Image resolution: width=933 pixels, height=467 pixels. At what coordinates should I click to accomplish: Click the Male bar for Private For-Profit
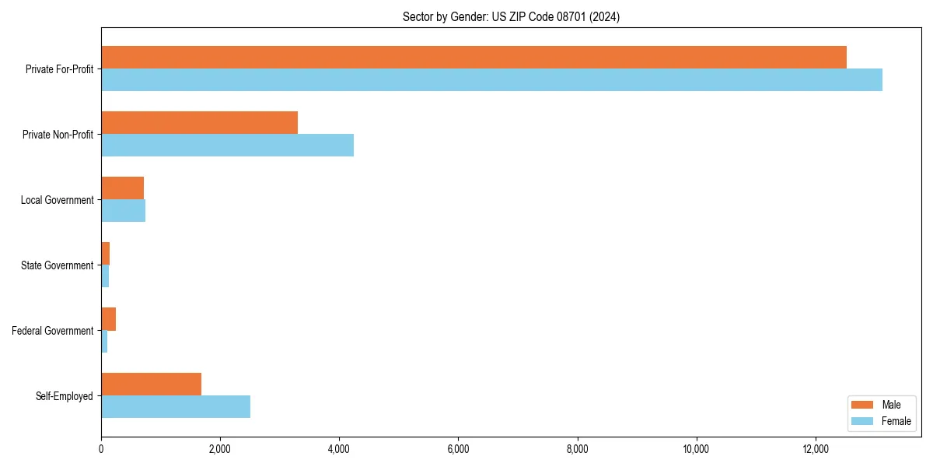473,57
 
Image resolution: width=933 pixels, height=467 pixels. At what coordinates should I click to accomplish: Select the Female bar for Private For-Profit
491,80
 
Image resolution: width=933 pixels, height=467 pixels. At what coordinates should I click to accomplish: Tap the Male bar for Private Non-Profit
199,122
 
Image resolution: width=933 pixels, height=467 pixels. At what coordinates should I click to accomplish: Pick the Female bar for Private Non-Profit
227,146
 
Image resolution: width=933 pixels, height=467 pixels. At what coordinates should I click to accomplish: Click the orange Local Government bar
122,188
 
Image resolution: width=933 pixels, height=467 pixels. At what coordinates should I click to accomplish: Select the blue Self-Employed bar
176,407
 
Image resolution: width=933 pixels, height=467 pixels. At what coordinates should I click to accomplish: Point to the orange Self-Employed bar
151,384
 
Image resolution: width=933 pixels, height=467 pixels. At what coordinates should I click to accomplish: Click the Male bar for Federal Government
108,318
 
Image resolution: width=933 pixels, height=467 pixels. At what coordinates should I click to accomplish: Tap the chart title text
511,16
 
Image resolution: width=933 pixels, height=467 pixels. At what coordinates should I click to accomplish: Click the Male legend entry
891,405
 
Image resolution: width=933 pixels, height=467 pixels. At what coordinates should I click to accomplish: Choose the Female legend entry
896,421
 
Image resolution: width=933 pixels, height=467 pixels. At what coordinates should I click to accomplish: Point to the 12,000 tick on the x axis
815,449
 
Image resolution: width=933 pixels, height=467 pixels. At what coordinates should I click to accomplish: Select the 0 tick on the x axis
101,449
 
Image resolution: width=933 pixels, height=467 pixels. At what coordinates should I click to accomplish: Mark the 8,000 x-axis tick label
577,449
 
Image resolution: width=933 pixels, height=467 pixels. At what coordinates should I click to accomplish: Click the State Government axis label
57,265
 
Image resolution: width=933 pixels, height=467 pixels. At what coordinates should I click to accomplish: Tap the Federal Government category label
53,331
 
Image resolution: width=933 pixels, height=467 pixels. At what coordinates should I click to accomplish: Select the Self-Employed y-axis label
65,396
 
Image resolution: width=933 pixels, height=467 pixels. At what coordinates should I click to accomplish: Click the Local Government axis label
57,200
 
